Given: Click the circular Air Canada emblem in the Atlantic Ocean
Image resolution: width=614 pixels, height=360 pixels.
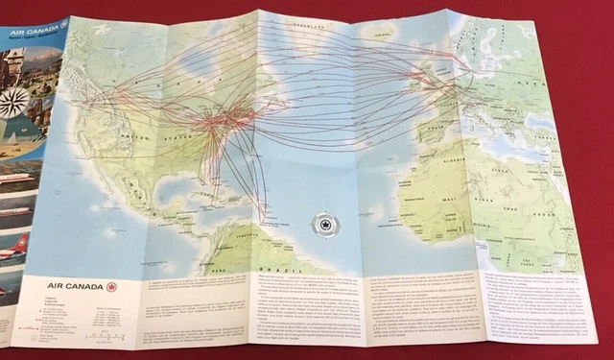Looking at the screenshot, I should click(324, 228).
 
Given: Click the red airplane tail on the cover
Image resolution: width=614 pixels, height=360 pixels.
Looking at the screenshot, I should click(19, 245).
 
